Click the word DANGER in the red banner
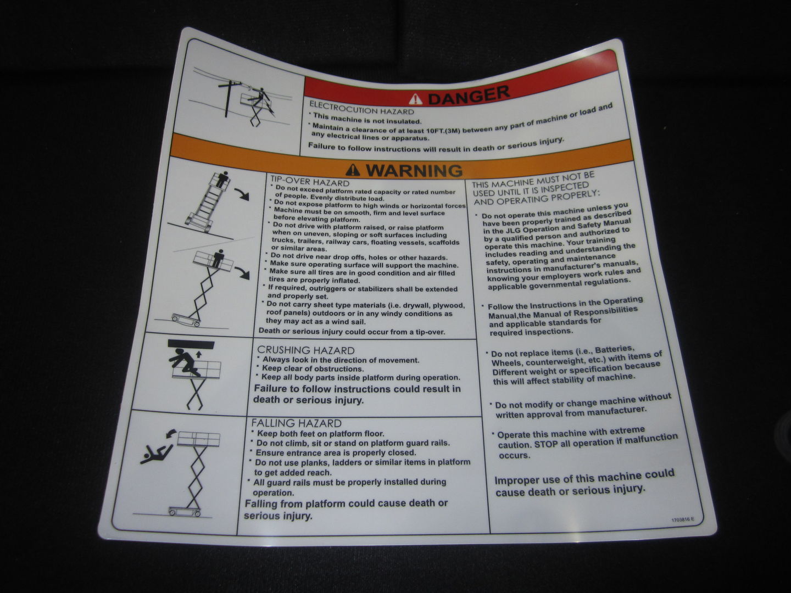tap(468, 96)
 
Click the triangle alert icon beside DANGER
tap(416, 99)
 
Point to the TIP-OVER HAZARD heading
tap(309, 182)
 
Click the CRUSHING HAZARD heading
tap(305, 350)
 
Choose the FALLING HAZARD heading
tap(296, 423)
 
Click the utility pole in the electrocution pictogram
tap(227, 98)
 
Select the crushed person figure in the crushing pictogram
tap(185, 363)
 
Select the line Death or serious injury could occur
tap(352, 332)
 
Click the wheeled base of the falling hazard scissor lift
tap(185, 512)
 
